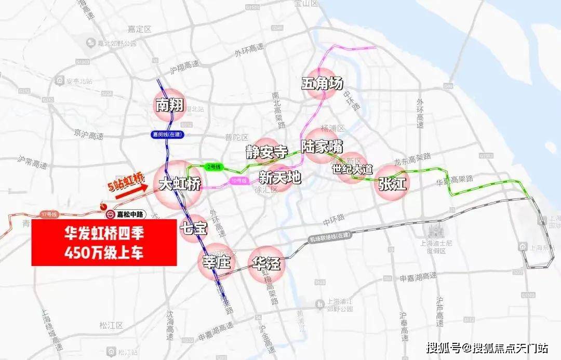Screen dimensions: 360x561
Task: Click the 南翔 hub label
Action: pyautogui.click(x=169, y=105)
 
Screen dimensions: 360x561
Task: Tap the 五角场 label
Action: pyautogui.click(x=323, y=83)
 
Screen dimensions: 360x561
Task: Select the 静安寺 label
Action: pyautogui.click(x=266, y=152)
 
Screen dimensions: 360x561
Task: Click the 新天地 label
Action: pyautogui.click(x=279, y=178)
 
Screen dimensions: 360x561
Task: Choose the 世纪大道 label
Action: pyautogui.click(x=353, y=169)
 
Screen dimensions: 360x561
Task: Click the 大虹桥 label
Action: pyautogui.click(x=179, y=184)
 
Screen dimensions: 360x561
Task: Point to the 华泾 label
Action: pyautogui.click(x=266, y=263)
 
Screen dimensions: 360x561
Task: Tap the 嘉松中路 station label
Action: pyautogui.click(x=130, y=214)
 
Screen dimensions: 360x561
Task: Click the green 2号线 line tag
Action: pyautogui.click(x=211, y=167)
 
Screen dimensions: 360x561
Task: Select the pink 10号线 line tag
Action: pyautogui.click(x=237, y=180)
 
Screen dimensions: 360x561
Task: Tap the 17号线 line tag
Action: pyautogui.click(x=47, y=214)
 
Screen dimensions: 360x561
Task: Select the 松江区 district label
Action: pyautogui.click(x=110, y=326)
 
